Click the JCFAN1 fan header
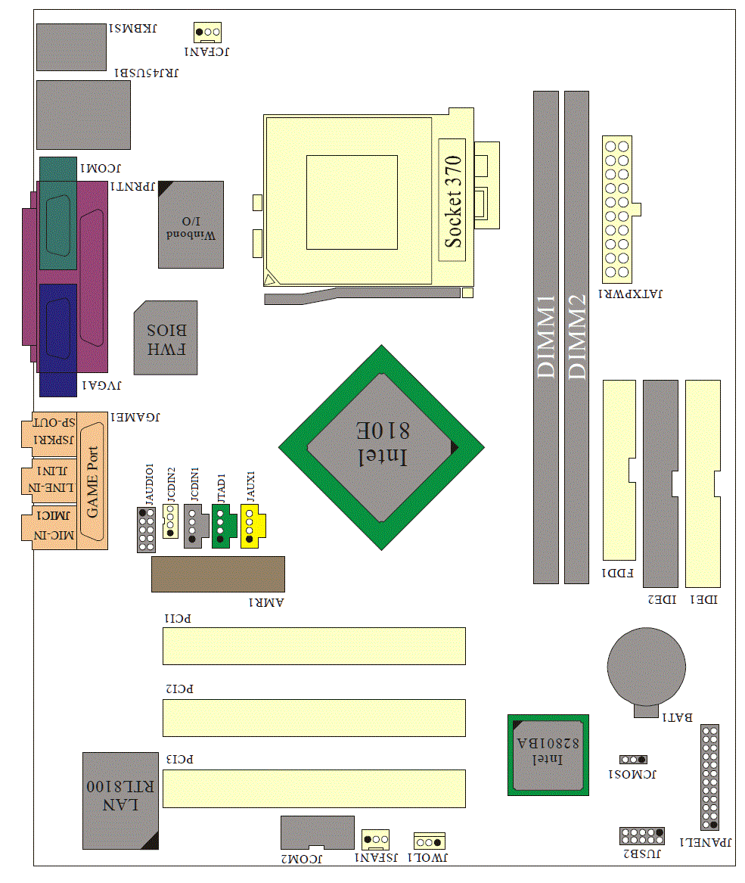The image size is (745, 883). pos(207,32)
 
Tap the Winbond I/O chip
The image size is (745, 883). pos(191,224)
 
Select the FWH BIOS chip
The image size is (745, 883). pos(166,338)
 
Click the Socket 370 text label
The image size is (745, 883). pos(452,201)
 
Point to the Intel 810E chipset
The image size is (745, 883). pos(381,447)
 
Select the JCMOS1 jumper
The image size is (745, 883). pos(633,759)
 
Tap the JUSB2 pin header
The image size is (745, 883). pos(641,836)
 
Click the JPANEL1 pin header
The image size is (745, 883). pos(709,778)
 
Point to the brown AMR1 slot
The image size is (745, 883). pos(218,574)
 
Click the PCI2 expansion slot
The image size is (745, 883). pos(314,718)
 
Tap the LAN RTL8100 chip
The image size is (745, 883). pos(120,800)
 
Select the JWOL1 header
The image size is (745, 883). pos(429,841)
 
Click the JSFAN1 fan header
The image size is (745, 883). pos(376,839)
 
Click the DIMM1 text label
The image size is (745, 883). pos(546,337)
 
